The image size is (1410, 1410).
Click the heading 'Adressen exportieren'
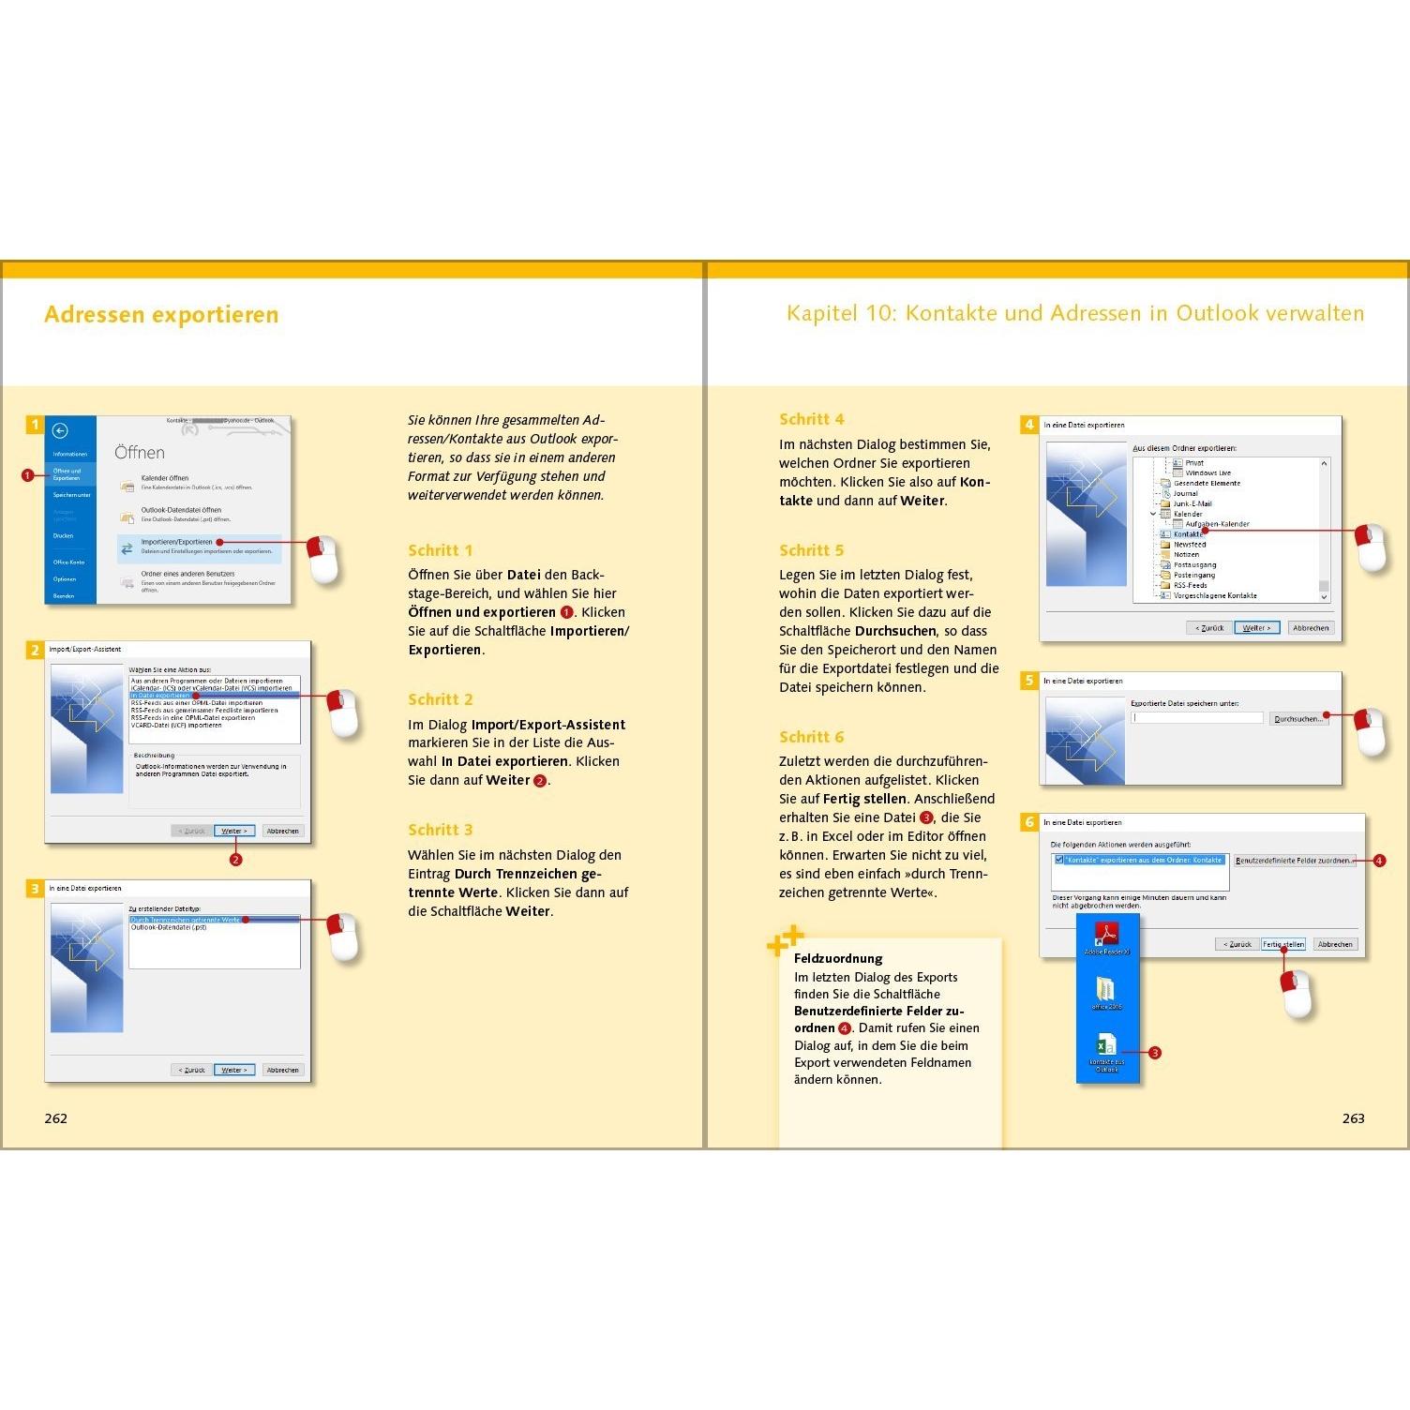pos(161,314)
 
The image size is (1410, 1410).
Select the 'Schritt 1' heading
pos(440,550)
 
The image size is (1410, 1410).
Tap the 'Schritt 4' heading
pos(811,419)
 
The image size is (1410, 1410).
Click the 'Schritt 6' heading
pos(811,737)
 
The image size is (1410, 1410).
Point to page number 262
pos(55,1118)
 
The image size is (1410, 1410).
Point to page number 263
pos(1353,1118)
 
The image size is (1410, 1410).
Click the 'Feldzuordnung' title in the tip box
pos(837,958)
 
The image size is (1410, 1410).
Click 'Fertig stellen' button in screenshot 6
pos(1282,944)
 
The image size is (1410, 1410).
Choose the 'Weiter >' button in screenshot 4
pos(1256,628)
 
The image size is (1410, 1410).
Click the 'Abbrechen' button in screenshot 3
pos(282,1070)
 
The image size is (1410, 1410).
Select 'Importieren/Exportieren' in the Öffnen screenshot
pos(176,542)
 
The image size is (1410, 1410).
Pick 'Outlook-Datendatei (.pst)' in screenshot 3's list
pos(169,928)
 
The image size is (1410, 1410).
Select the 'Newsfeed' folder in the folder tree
pos(1189,545)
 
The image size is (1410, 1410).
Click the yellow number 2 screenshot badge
pos(35,650)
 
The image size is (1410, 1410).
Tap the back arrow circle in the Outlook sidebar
pos(60,430)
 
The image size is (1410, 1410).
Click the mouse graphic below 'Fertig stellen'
pos(1297,994)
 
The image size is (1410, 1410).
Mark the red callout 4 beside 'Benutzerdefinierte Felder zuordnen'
pos(1378,861)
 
